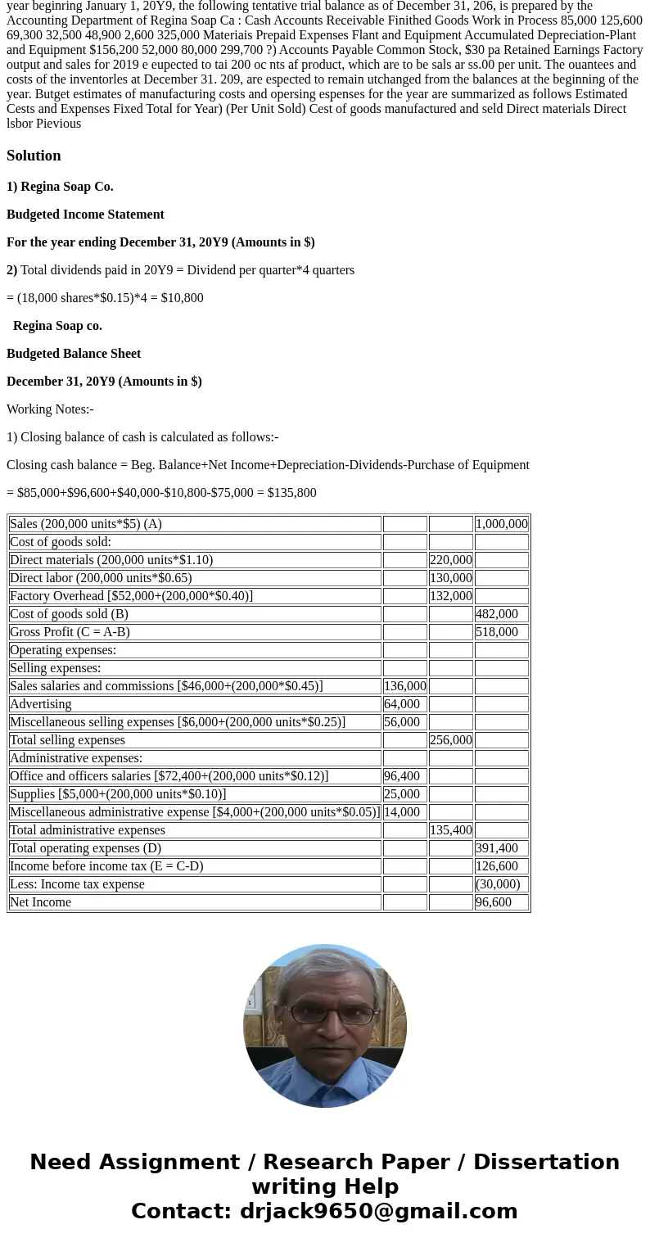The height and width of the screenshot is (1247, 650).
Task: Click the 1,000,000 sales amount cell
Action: click(x=501, y=524)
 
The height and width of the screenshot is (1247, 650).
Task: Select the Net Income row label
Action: click(x=40, y=902)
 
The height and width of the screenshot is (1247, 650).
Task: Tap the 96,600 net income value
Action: click(x=493, y=902)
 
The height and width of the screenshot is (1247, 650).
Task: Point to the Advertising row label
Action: click(x=40, y=704)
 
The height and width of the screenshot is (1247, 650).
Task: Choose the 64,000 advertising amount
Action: click(x=402, y=704)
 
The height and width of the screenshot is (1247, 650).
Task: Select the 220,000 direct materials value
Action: click(x=450, y=560)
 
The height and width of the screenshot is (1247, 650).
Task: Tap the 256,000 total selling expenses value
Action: click(x=450, y=740)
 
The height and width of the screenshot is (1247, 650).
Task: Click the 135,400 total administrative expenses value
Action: click(x=450, y=830)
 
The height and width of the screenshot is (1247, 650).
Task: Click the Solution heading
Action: click(x=34, y=156)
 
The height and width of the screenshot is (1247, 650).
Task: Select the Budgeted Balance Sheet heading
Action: click(x=74, y=354)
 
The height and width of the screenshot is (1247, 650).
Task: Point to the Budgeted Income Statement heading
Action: click(x=85, y=215)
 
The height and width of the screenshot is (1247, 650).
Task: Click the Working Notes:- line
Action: click(x=50, y=409)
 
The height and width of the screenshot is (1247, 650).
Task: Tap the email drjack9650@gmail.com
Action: click(x=378, y=1211)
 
